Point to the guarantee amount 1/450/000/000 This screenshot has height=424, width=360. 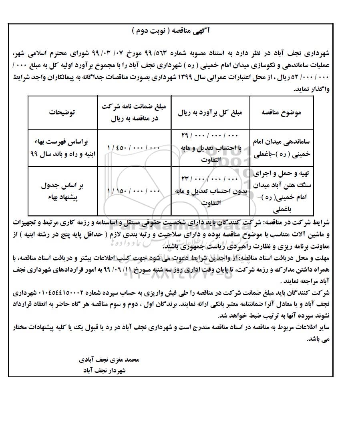coord(133,148)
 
